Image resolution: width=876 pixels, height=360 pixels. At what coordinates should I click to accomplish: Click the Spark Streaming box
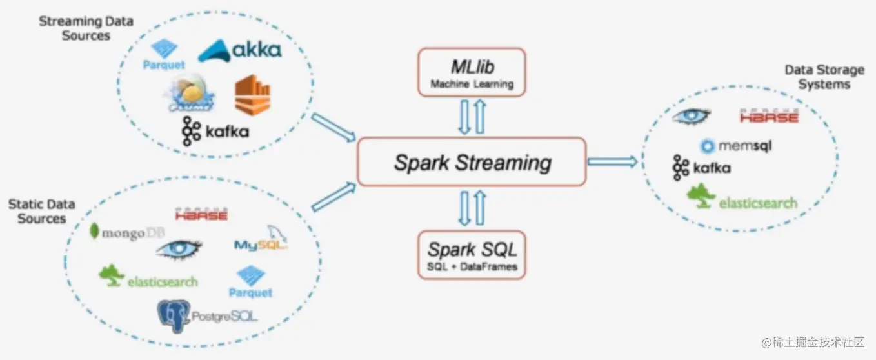(x=472, y=162)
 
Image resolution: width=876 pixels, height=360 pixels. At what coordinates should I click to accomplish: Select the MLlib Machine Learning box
(x=472, y=71)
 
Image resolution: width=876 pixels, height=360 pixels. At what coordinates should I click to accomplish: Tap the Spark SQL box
(x=472, y=254)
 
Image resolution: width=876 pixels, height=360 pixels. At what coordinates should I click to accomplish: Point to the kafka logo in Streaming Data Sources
(x=215, y=132)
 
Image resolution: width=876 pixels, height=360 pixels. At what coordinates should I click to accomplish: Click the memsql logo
(x=735, y=146)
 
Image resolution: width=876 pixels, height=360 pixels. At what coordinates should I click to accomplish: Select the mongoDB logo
(x=126, y=233)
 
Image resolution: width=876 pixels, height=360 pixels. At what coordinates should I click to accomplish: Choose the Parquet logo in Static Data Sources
(x=250, y=283)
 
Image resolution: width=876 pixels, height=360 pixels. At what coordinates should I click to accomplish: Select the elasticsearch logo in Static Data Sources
(x=149, y=277)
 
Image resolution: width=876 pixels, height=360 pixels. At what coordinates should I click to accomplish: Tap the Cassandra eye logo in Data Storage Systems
(x=691, y=116)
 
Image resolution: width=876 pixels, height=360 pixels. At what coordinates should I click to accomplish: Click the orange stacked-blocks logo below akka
(x=252, y=95)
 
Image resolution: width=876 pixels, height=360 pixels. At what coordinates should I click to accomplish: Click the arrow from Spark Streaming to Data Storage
(x=612, y=162)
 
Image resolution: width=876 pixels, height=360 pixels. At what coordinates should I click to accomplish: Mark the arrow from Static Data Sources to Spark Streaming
(x=333, y=197)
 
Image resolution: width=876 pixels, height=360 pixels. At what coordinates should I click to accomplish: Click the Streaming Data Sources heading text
(x=86, y=28)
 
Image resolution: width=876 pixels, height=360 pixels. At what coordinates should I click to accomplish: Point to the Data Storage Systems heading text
(x=824, y=77)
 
